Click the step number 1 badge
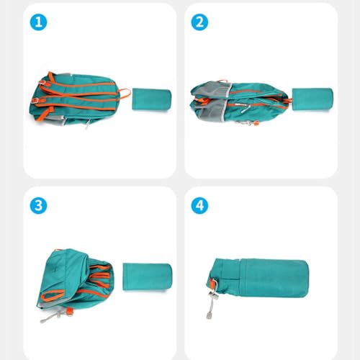[x=38, y=22]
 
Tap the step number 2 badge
[x=199, y=22]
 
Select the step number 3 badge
[x=38, y=205]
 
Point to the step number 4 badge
[x=199, y=205]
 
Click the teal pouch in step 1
[x=152, y=99]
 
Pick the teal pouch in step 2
[x=312, y=99]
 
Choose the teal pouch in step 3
[x=148, y=276]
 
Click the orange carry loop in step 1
[x=125, y=94]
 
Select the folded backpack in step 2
[x=240, y=103]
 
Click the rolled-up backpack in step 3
[x=76, y=283]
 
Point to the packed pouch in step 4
[x=258, y=279]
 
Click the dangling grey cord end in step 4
[x=209, y=315]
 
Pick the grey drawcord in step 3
[x=52, y=317]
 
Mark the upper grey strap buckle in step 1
[x=42, y=82]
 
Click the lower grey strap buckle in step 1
[x=35, y=101]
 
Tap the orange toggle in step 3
[x=70, y=311]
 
